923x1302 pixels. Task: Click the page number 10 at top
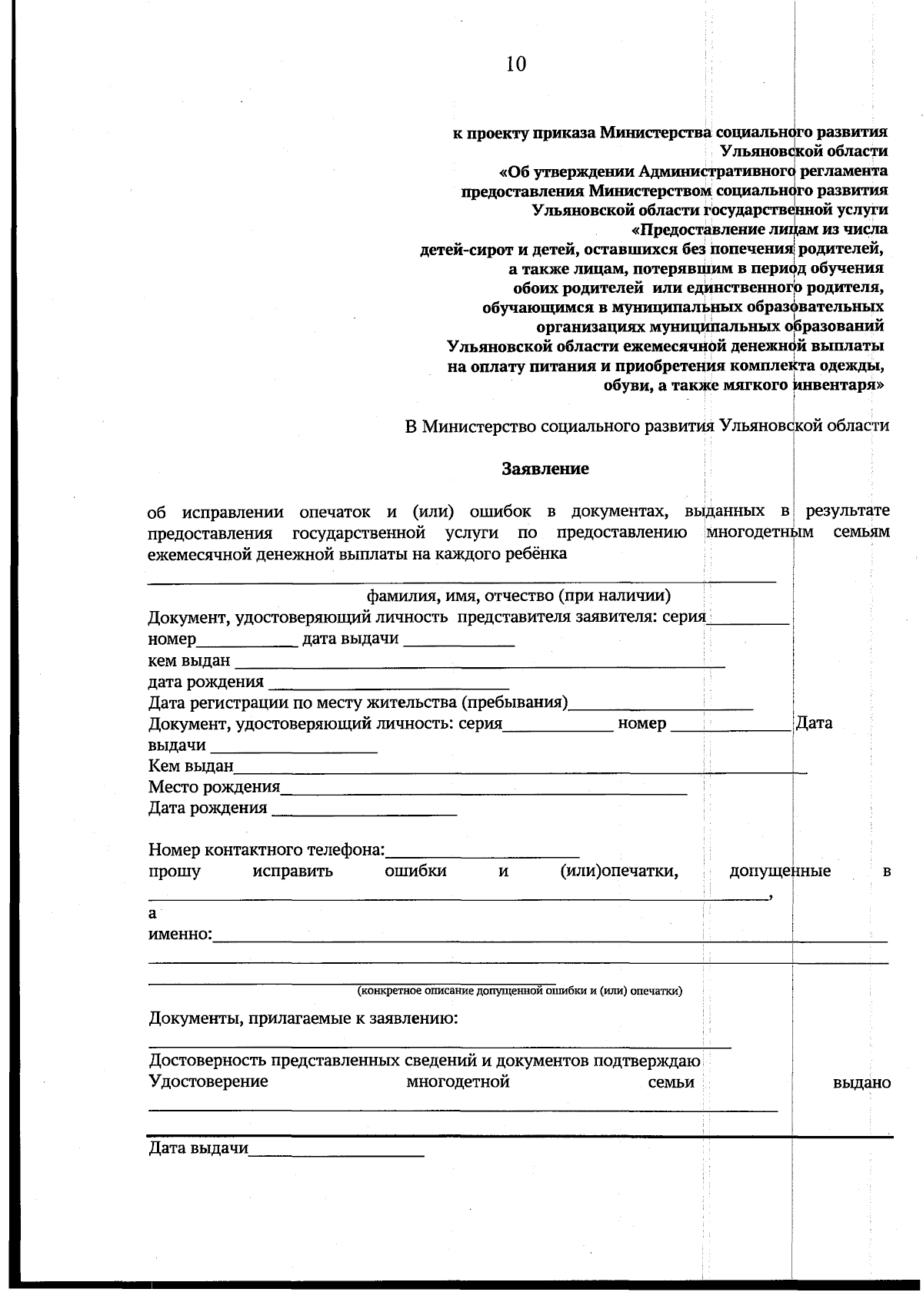(515, 64)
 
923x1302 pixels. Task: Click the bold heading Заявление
(545, 468)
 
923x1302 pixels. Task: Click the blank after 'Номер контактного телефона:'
(482, 851)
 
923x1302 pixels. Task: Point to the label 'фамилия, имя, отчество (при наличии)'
(518, 596)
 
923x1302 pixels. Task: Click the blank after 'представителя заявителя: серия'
(748, 619)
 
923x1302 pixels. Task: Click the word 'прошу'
(175, 872)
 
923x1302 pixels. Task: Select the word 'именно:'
(180, 935)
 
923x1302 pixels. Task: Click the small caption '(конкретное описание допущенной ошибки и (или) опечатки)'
(519, 991)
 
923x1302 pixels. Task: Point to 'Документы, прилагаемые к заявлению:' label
(303, 1019)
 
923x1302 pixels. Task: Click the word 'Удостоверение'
(208, 1082)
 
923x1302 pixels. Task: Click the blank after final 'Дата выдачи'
(336, 1151)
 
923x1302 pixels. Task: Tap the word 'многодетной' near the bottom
(458, 1082)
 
